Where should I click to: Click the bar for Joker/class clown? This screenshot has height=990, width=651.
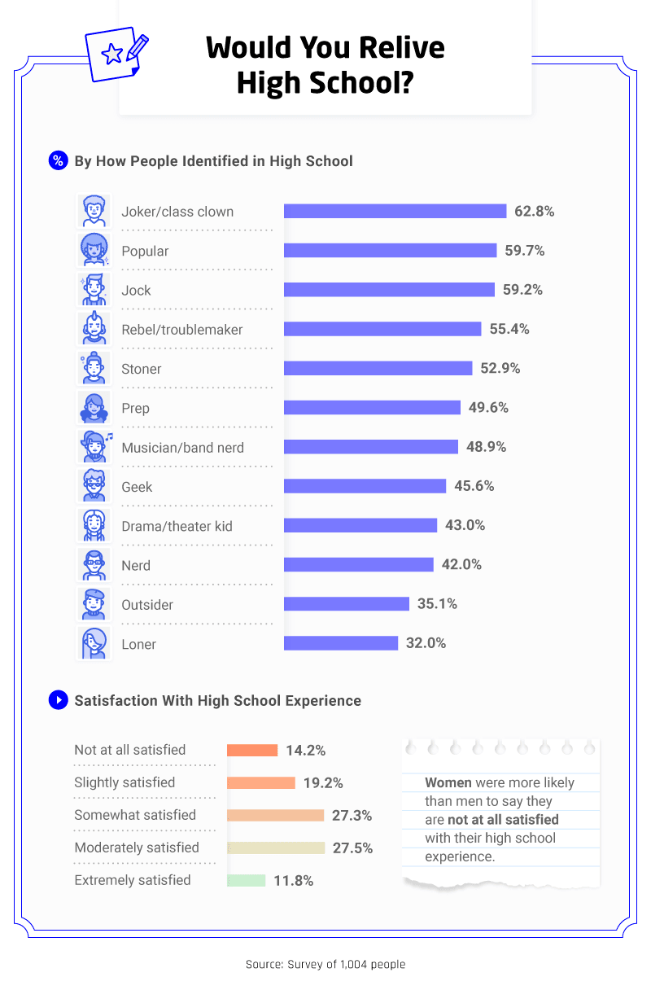pos(395,212)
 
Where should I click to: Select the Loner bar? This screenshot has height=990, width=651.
pos(340,643)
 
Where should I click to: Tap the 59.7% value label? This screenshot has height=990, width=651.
pos(524,251)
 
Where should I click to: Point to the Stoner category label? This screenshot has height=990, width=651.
pos(142,369)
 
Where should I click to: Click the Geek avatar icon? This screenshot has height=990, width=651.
pos(94,486)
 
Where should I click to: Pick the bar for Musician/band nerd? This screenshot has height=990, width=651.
pos(370,447)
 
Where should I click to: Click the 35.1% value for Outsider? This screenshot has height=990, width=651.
pos(436,604)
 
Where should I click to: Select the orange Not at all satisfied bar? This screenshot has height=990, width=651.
pos(252,751)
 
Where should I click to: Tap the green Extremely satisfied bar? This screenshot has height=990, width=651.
pos(246,880)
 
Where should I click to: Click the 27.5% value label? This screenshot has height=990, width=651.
pos(352,848)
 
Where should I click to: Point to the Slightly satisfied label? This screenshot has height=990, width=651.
pos(125,782)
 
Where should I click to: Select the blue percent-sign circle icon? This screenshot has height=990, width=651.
pos(58,160)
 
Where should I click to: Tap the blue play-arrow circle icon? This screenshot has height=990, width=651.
pos(58,700)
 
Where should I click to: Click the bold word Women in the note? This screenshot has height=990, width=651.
pos(448,782)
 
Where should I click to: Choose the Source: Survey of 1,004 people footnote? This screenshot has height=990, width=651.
pos(325,964)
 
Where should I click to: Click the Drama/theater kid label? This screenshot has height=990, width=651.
pos(177,526)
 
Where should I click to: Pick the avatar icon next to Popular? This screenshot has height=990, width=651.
pos(94,250)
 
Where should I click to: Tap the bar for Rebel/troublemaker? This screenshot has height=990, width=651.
pos(382,329)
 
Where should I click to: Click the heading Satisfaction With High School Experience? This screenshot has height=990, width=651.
pos(217,700)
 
